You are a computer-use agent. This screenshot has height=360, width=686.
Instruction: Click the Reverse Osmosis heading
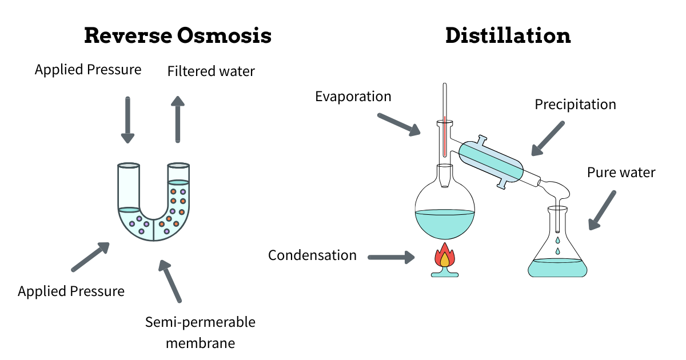tap(178, 36)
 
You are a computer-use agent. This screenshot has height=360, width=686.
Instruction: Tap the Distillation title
tap(508, 36)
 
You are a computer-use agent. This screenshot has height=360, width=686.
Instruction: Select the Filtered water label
tap(211, 71)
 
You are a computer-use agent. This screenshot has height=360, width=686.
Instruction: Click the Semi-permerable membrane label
tap(200, 333)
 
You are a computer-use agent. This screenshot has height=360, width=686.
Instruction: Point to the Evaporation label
tap(353, 96)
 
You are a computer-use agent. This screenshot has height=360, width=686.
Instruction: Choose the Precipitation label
tap(575, 105)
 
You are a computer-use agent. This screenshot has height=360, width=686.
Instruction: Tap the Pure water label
tap(621, 172)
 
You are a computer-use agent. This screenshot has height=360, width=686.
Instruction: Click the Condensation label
tap(312, 255)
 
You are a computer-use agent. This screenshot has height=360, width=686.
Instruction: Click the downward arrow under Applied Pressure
tap(127, 119)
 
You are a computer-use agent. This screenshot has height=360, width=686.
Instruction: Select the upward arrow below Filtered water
tap(178, 119)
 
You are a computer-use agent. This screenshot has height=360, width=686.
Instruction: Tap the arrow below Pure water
tap(602, 210)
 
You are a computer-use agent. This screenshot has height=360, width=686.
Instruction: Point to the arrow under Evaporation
tap(399, 125)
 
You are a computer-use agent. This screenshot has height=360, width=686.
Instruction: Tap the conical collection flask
tap(557, 251)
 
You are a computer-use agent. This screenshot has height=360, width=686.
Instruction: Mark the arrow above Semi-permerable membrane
tap(170, 281)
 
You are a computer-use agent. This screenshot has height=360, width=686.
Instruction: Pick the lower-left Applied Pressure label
tap(71, 291)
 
